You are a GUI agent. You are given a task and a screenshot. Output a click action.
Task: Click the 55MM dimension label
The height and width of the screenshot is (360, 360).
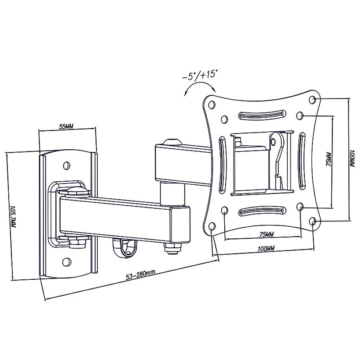[x=66, y=126]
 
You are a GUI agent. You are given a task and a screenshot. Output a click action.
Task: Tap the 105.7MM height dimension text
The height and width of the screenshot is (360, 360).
[x=13, y=216]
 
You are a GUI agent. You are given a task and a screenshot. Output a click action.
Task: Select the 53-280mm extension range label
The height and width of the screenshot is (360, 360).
[x=140, y=275]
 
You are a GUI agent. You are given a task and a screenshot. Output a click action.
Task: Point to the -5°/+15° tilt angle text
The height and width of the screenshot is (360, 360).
[x=200, y=75]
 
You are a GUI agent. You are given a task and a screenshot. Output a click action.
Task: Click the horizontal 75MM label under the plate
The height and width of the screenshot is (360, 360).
[x=266, y=234]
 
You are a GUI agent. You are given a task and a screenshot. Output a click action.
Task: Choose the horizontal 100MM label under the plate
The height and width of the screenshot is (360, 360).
[x=266, y=248]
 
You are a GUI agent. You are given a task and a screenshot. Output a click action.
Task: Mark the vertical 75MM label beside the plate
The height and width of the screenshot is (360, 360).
[x=328, y=159]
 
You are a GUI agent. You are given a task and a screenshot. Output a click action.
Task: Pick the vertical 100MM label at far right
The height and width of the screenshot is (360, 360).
[x=352, y=158]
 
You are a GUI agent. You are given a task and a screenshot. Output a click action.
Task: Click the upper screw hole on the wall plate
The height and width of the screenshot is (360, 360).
[x=67, y=165]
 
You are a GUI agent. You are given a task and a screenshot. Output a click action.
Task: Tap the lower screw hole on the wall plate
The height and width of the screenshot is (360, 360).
[x=66, y=262]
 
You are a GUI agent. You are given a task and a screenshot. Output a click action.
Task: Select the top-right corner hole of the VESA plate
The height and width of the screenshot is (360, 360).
[x=312, y=99]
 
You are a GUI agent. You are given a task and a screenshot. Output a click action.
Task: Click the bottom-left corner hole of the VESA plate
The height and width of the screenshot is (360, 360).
[x=212, y=226]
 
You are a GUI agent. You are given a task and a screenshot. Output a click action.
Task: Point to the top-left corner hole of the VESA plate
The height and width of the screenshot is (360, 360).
[x=212, y=105]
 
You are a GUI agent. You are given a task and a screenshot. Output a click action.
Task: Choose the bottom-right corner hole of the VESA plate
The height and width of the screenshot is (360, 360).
[x=312, y=222]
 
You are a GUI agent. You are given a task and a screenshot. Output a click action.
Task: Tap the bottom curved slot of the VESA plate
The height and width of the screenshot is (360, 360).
[x=262, y=211]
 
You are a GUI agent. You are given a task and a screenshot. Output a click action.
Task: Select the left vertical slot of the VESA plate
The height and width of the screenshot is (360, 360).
[x=222, y=164]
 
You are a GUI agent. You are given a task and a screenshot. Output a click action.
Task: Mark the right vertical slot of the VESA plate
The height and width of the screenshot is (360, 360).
[x=302, y=161]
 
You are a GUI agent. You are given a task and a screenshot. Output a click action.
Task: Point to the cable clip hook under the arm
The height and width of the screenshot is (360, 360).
[x=125, y=248]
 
